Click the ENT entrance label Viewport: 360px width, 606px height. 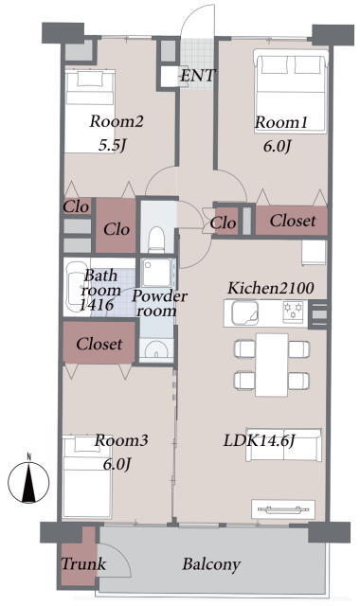tap(197, 76)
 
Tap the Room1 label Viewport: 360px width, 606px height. tap(281, 122)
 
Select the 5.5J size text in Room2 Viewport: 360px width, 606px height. tap(113, 145)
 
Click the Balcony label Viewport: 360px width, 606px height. tap(211, 564)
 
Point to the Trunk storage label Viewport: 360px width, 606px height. tap(83, 564)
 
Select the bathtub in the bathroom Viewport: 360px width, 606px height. tap(74, 287)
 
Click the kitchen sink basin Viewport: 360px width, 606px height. tap(244, 312)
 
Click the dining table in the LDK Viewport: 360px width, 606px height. tap(272, 365)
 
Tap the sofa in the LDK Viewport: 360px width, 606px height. tap(283, 445)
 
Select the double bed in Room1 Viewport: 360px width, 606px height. tap(291, 91)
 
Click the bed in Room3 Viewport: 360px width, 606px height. tap(87, 477)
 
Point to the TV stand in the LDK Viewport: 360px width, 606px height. tap(283, 509)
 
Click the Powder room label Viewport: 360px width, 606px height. tap(159, 303)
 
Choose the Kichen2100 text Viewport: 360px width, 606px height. tap(270, 288)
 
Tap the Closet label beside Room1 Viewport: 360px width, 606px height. tap(293, 221)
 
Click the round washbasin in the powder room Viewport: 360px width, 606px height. tap(155, 349)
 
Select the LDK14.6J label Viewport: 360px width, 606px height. tap(259, 440)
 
